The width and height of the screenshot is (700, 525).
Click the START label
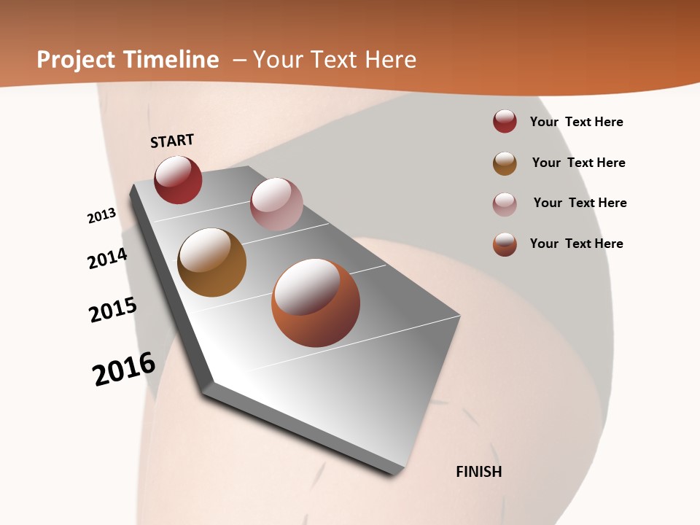pyautogui.click(x=172, y=141)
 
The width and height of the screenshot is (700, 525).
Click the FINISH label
pyautogui.click(x=479, y=472)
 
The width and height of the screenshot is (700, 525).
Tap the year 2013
pyautogui.click(x=101, y=216)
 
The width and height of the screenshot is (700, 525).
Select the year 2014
pyautogui.click(x=107, y=258)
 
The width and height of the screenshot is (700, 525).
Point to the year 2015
pyautogui.click(x=113, y=310)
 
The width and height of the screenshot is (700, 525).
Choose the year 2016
pyautogui.click(x=124, y=369)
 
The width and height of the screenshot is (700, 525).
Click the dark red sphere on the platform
pyautogui.click(x=178, y=180)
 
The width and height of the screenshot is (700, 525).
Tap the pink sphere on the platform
pyautogui.click(x=276, y=204)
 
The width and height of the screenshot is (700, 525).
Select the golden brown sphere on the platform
pyautogui.click(x=211, y=262)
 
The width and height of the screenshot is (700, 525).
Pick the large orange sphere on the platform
pyautogui.click(x=316, y=303)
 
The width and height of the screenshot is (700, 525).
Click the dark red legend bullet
pyautogui.click(x=505, y=122)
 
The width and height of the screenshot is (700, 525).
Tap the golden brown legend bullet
pyautogui.click(x=505, y=163)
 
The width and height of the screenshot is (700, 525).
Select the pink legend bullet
pyautogui.click(x=505, y=204)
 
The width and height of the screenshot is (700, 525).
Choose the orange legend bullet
pyautogui.click(x=505, y=244)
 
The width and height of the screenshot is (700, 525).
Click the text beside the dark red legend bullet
pyautogui.click(x=576, y=122)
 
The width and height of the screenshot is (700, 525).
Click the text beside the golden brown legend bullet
pyautogui.click(x=578, y=163)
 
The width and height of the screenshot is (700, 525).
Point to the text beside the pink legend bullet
pyautogui.click(x=580, y=203)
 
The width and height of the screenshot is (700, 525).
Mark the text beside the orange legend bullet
pyautogui.click(x=576, y=244)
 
